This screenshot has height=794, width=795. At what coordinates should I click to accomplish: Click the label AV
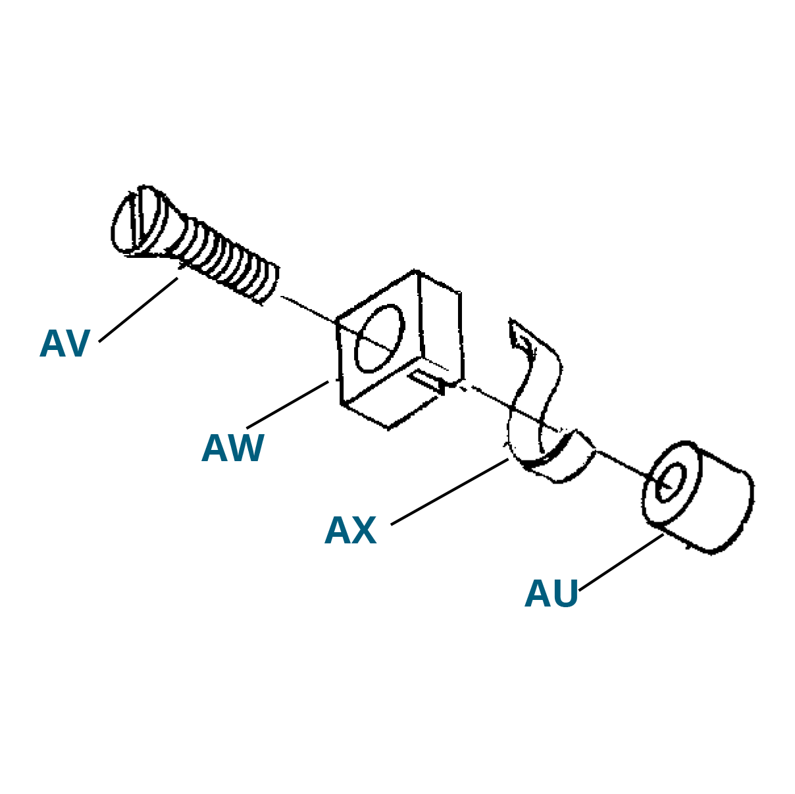coord(64,344)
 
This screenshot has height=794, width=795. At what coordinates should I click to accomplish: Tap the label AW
coord(232,449)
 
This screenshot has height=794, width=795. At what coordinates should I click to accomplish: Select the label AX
coord(350,530)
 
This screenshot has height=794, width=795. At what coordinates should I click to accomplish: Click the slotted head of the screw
coord(140,220)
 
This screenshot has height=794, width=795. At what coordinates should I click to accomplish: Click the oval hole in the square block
coord(380,339)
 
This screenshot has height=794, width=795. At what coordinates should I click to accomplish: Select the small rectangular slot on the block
coord(429,382)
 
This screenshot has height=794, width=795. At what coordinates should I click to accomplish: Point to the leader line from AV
coord(138,310)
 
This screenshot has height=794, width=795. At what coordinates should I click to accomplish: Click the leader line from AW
coord(288,405)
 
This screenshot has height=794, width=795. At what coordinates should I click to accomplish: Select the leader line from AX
coord(449,491)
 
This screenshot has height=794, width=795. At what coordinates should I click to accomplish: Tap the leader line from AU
coord(621,562)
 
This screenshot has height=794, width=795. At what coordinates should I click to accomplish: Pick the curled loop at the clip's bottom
coord(553,458)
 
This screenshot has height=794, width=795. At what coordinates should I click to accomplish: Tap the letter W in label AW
coord(245,449)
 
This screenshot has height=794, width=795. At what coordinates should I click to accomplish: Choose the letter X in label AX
coord(363,530)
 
